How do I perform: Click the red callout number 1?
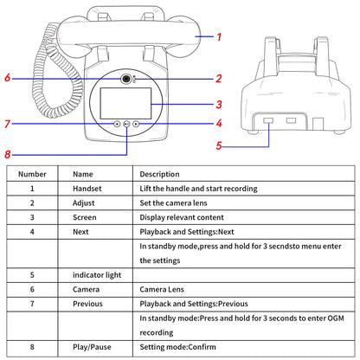(219, 37)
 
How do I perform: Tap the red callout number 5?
(219, 145)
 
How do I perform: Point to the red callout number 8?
(8, 154)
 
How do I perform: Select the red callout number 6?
(8, 78)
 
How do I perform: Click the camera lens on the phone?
(125, 79)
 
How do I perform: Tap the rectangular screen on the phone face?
(125, 104)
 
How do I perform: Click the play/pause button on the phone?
(126, 124)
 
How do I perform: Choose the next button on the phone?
(136, 124)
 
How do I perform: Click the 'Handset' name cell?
(87, 189)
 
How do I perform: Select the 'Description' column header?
(159, 174)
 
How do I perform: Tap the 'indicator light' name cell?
(97, 275)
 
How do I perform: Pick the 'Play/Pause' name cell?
(92, 347)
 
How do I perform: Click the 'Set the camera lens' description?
(173, 203)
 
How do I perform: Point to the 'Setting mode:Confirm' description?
(177, 347)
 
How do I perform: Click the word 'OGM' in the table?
(336, 318)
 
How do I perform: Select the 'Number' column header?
(32, 174)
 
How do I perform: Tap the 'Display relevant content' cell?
(182, 217)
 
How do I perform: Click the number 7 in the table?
(32, 304)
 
